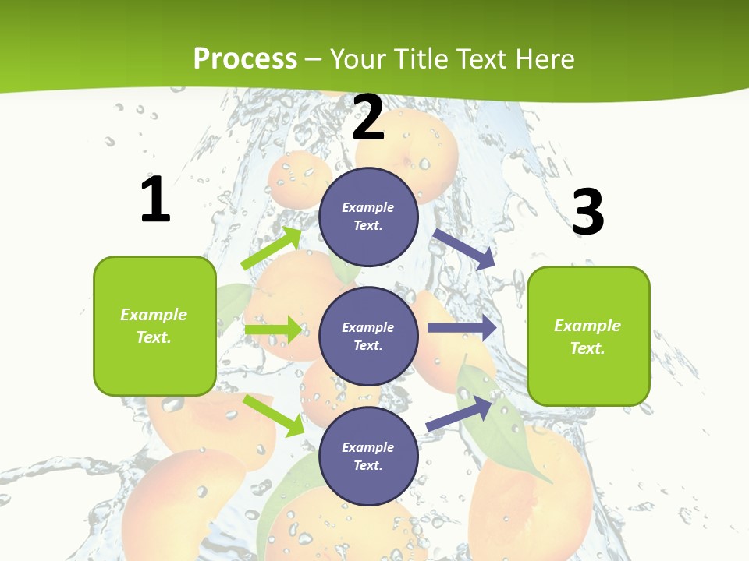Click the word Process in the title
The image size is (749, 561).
click(245, 59)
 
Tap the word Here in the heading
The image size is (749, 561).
click(546, 59)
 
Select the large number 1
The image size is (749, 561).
click(155, 200)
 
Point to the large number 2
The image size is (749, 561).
click(368, 118)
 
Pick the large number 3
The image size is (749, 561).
click(587, 212)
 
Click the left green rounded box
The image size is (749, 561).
click(154, 326)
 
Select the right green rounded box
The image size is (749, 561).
click(588, 336)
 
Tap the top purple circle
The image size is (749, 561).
click(368, 217)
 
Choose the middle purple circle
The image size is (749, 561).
click(368, 336)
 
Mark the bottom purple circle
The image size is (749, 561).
click(368, 456)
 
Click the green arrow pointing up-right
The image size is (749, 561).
click(272, 248)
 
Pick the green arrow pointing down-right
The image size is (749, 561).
click(273, 415)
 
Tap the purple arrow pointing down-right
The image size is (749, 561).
click(464, 249)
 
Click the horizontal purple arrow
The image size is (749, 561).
click(461, 328)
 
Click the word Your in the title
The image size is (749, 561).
click(355, 59)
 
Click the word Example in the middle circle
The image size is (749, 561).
click(368, 327)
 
